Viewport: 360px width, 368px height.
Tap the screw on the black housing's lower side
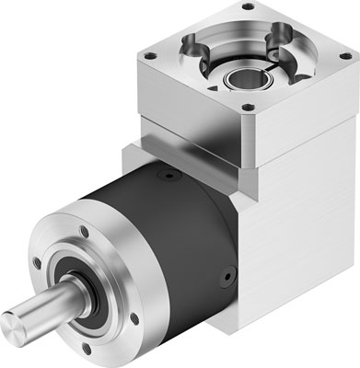pyautogui.click(x=226, y=275)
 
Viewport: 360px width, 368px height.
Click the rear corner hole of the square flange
pyautogui.click(x=247, y=7)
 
